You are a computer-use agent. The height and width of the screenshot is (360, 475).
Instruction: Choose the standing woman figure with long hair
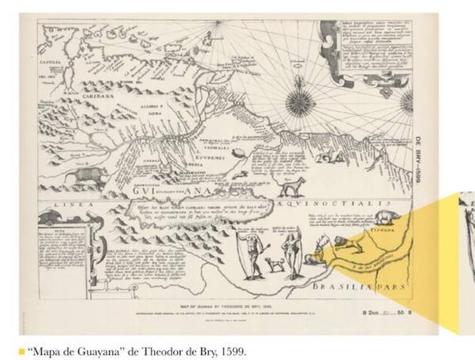294,254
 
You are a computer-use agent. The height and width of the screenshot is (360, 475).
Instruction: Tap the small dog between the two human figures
275,264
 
